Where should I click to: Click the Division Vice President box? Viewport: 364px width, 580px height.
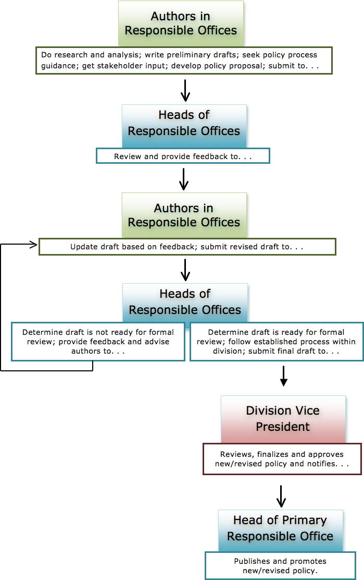(x=283, y=419)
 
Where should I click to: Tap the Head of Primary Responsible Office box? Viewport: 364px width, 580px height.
(x=280, y=528)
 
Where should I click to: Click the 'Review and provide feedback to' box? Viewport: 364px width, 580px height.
(x=183, y=156)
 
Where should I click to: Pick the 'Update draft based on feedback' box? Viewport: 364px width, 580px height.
(x=187, y=247)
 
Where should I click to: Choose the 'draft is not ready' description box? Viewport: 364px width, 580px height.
(x=98, y=342)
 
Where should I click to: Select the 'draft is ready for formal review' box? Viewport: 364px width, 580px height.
(x=276, y=342)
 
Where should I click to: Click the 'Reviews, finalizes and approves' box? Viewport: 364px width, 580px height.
(x=281, y=459)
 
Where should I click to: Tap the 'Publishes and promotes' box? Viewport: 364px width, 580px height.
(x=280, y=566)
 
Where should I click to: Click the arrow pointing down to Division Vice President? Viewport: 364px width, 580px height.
(x=283, y=377)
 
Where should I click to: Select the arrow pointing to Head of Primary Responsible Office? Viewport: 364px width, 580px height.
(x=281, y=497)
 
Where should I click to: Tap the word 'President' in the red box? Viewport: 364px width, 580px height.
(x=283, y=427)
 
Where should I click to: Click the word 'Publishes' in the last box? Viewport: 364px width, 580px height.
(x=253, y=561)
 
